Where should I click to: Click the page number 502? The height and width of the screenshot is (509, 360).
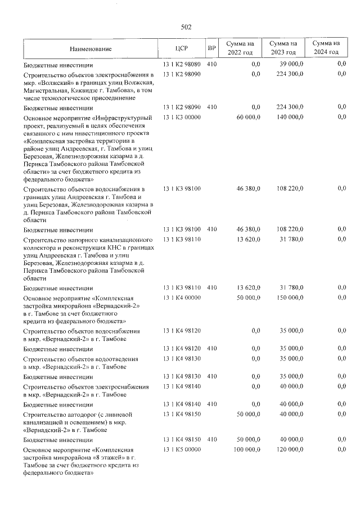coord(186,26)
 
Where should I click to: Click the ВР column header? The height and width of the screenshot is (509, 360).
coord(211,48)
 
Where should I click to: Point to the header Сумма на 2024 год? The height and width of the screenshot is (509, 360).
coord(326,48)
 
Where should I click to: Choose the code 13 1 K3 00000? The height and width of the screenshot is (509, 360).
coord(182,118)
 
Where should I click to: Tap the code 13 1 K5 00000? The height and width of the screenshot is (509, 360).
coord(182,450)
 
